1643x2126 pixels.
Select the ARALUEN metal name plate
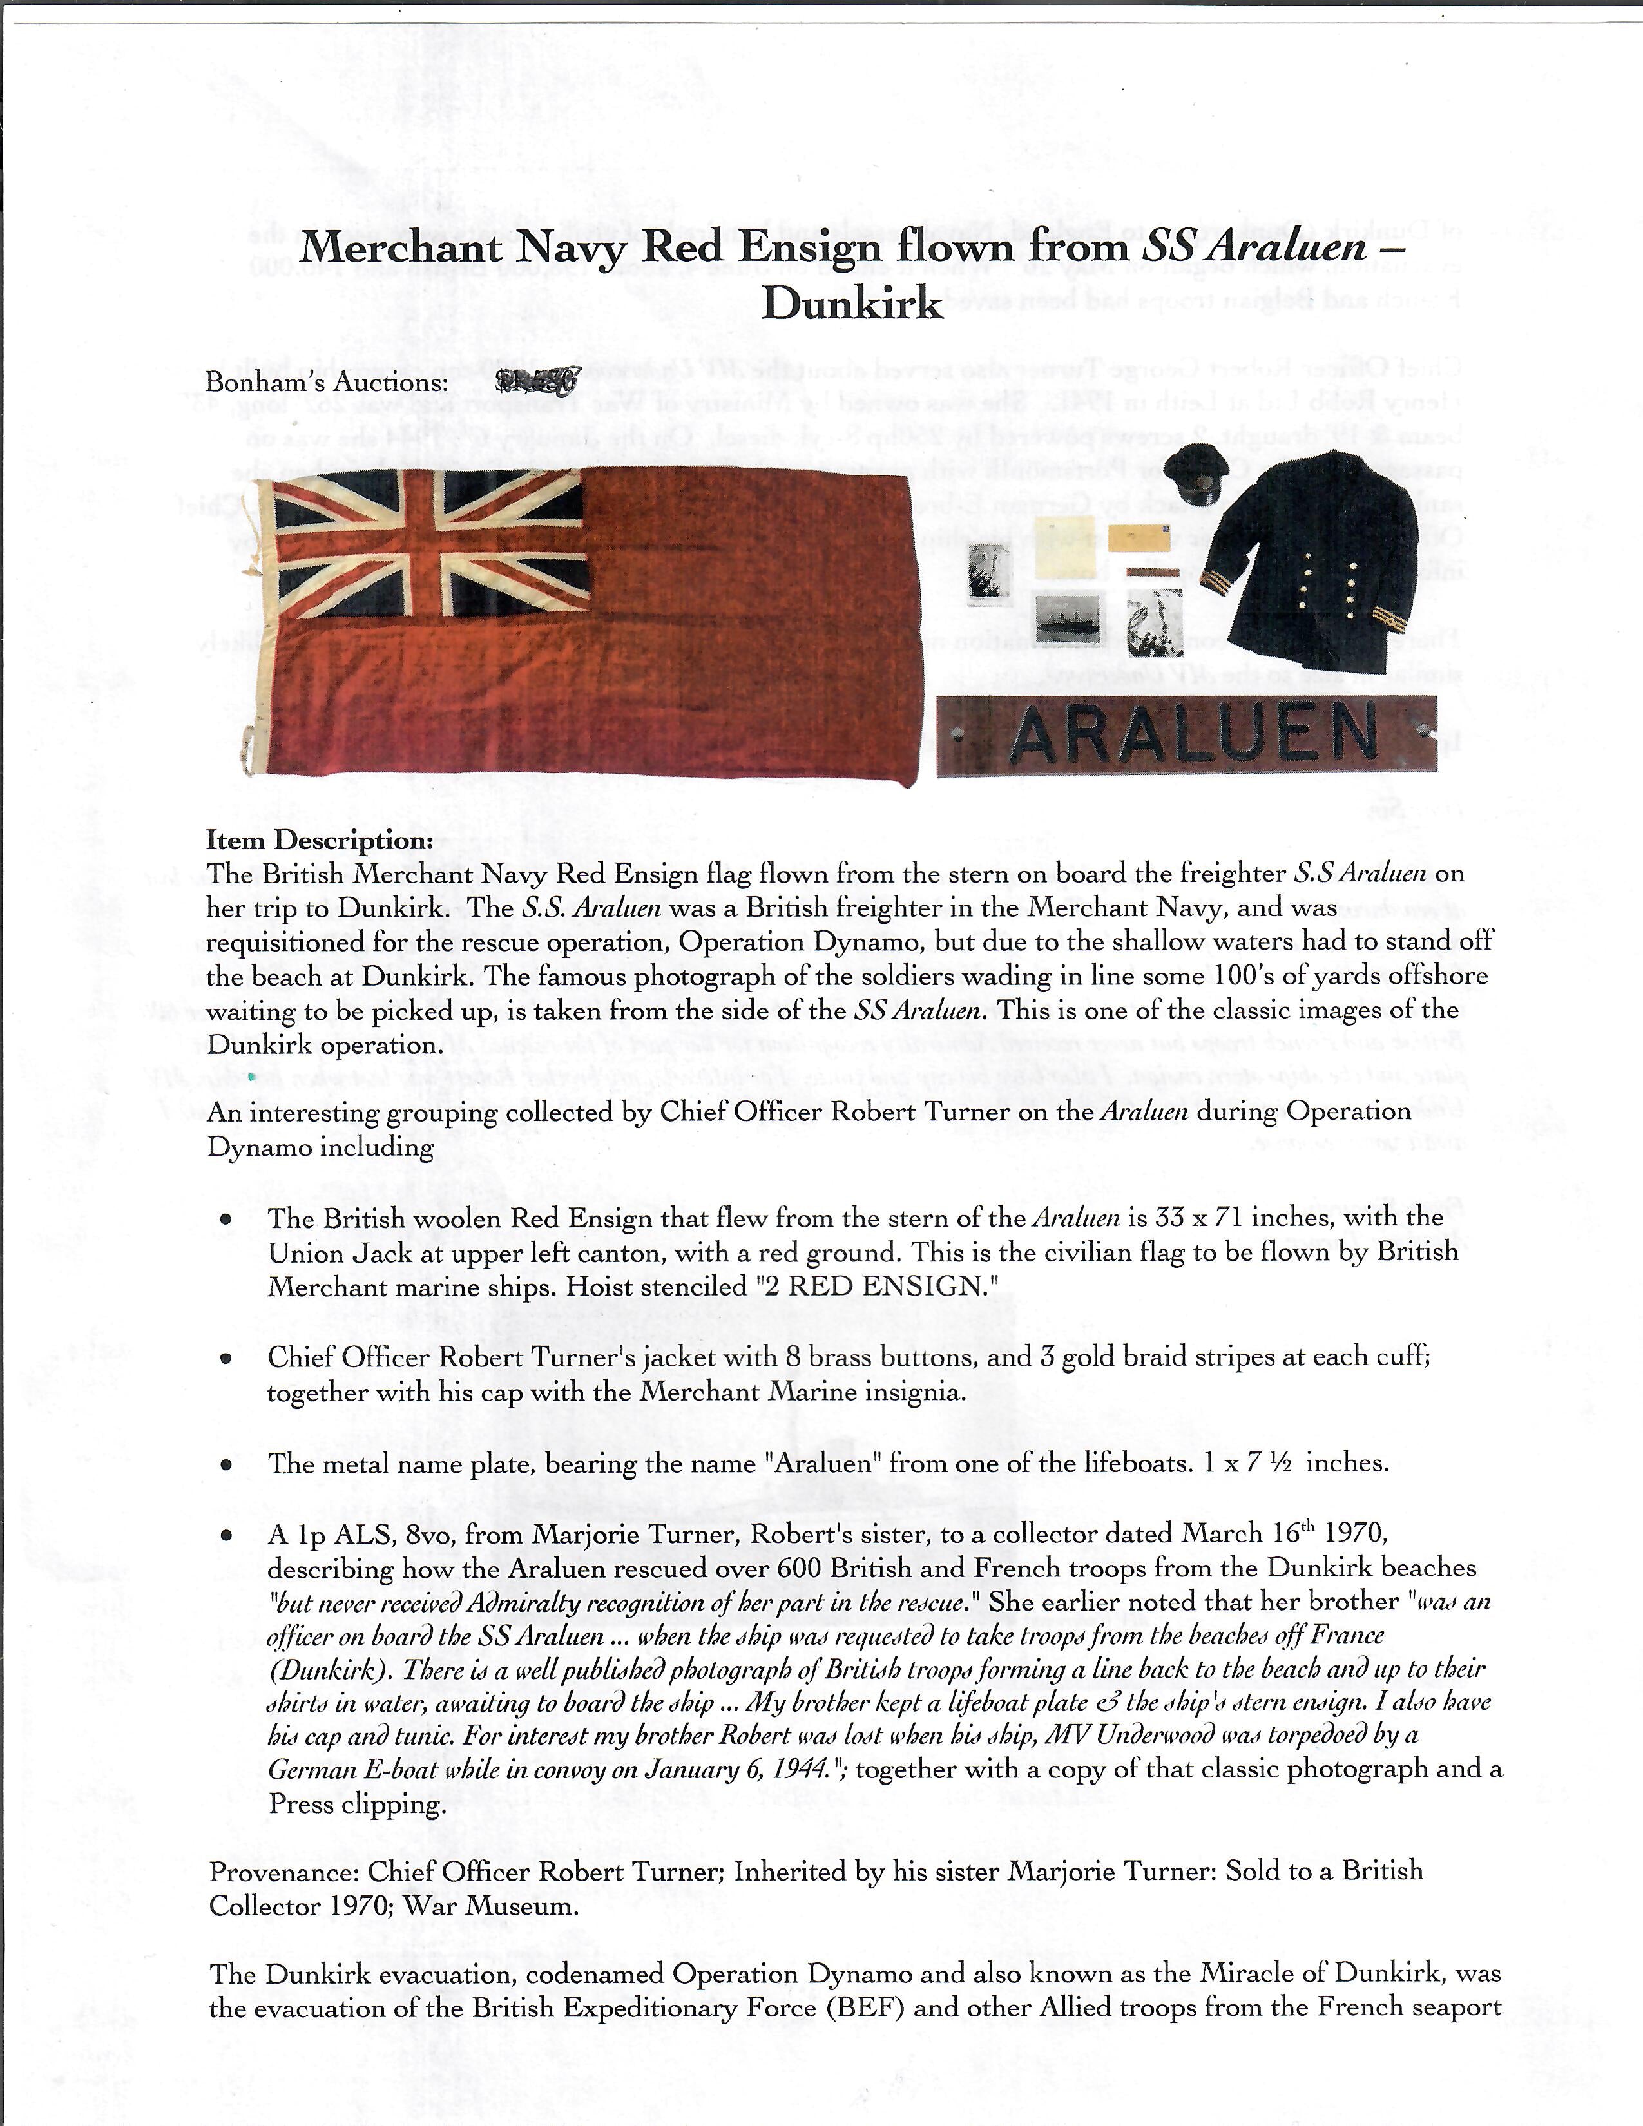[x=1186, y=735]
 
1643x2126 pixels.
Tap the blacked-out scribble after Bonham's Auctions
[x=537, y=381]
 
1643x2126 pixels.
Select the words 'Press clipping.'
[x=357, y=1804]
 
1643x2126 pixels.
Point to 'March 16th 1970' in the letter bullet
[x=1283, y=1534]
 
